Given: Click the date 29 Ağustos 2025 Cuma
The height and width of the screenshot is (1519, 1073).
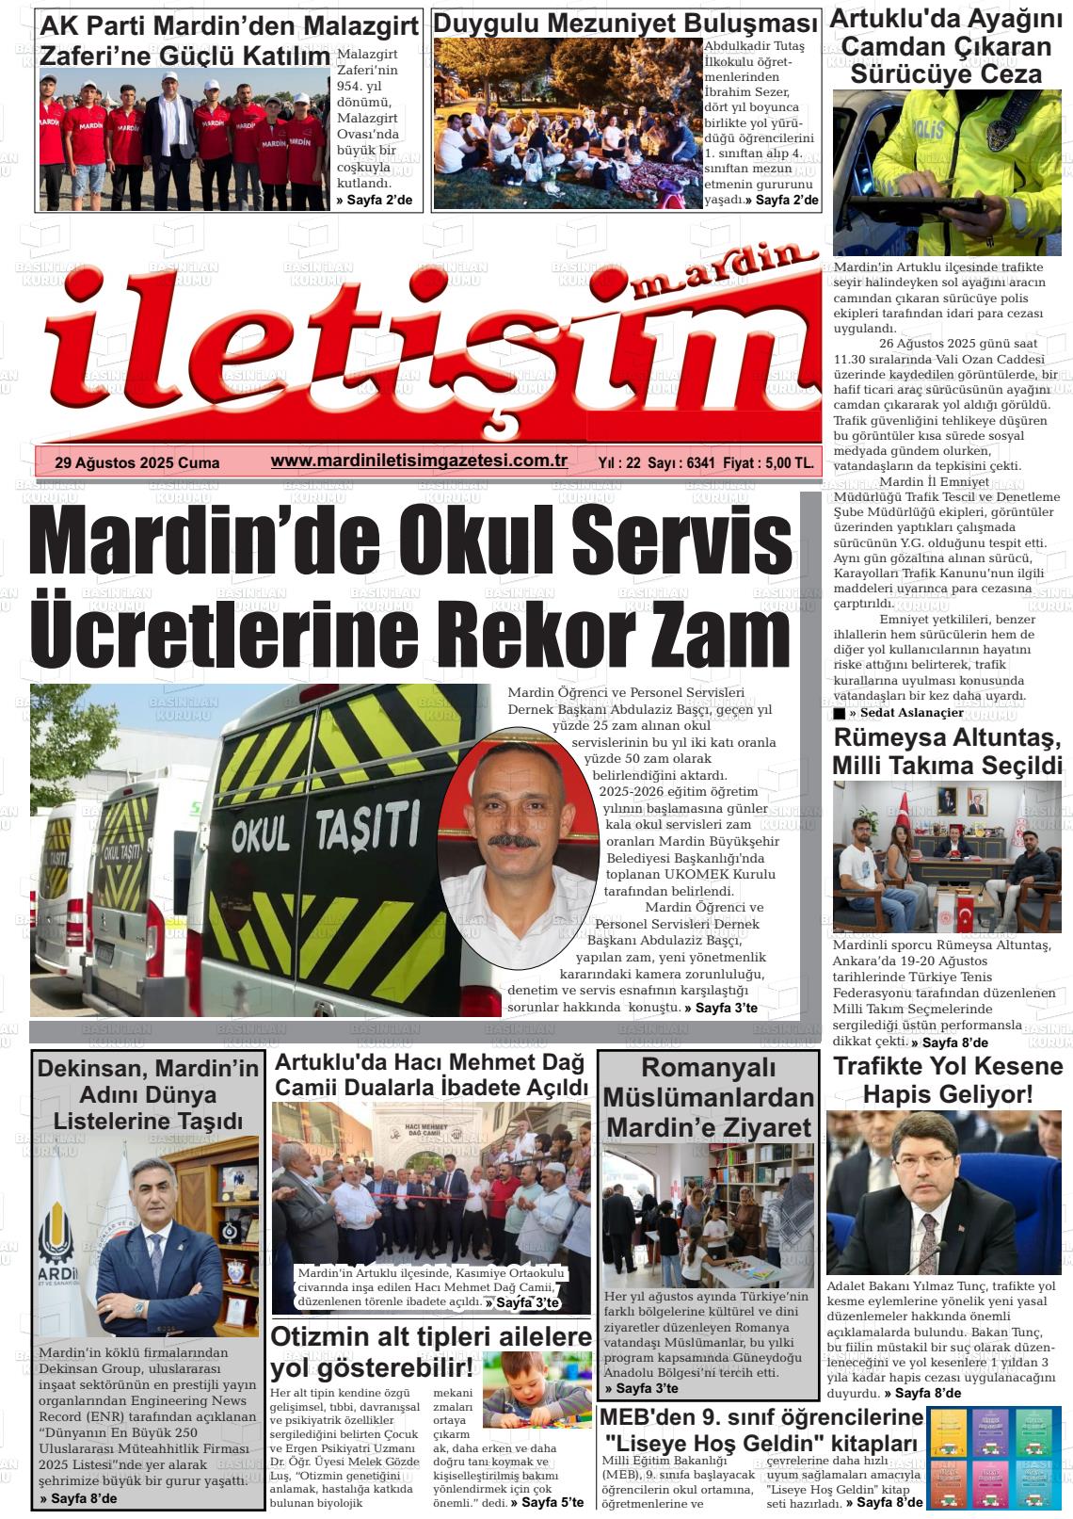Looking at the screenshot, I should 137,462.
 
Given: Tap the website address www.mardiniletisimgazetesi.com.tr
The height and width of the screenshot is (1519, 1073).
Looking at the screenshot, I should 418,461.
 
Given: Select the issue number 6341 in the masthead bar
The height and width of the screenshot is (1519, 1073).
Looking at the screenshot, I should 700,462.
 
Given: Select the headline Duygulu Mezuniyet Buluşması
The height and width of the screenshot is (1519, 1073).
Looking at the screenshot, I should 626,24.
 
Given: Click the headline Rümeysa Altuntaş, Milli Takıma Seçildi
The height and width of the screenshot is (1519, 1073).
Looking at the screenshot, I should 948,750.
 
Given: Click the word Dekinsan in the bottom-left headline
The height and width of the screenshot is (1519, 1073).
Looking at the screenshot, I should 84,1068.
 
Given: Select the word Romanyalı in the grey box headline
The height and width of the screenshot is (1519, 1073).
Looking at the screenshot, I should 708,1068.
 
